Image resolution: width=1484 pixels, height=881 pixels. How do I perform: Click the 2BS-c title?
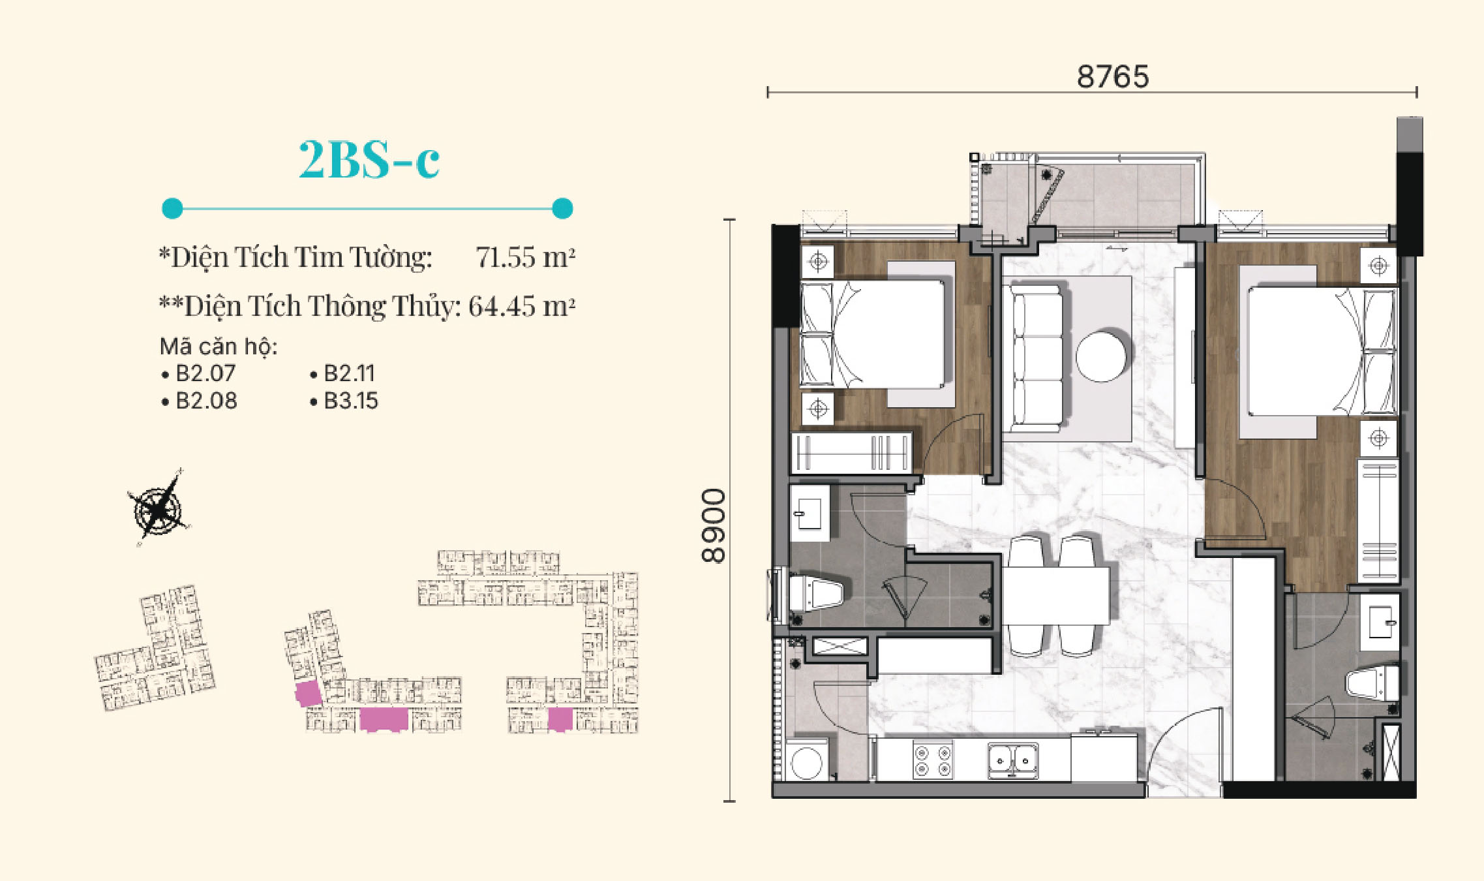[x=369, y=159]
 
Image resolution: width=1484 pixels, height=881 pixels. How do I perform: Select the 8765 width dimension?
[x=1113, y=76]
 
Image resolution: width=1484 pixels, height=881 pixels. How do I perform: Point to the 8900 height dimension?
[x=713, y=525]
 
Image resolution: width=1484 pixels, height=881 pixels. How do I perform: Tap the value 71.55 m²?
[x=525, y=256]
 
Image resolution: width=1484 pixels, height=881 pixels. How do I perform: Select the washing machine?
[x=808, y=760]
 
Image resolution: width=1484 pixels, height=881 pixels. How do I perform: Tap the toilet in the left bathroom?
[x=815, y=593]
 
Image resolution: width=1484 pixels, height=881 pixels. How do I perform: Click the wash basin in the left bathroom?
[x=810, y=512]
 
